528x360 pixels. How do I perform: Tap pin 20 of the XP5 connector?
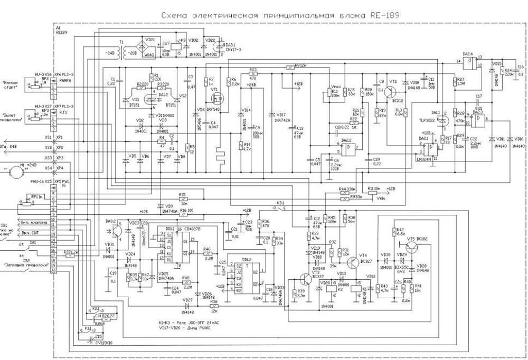click(x=53, y=270)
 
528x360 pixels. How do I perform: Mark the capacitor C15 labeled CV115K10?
click(x=98, y=338)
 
